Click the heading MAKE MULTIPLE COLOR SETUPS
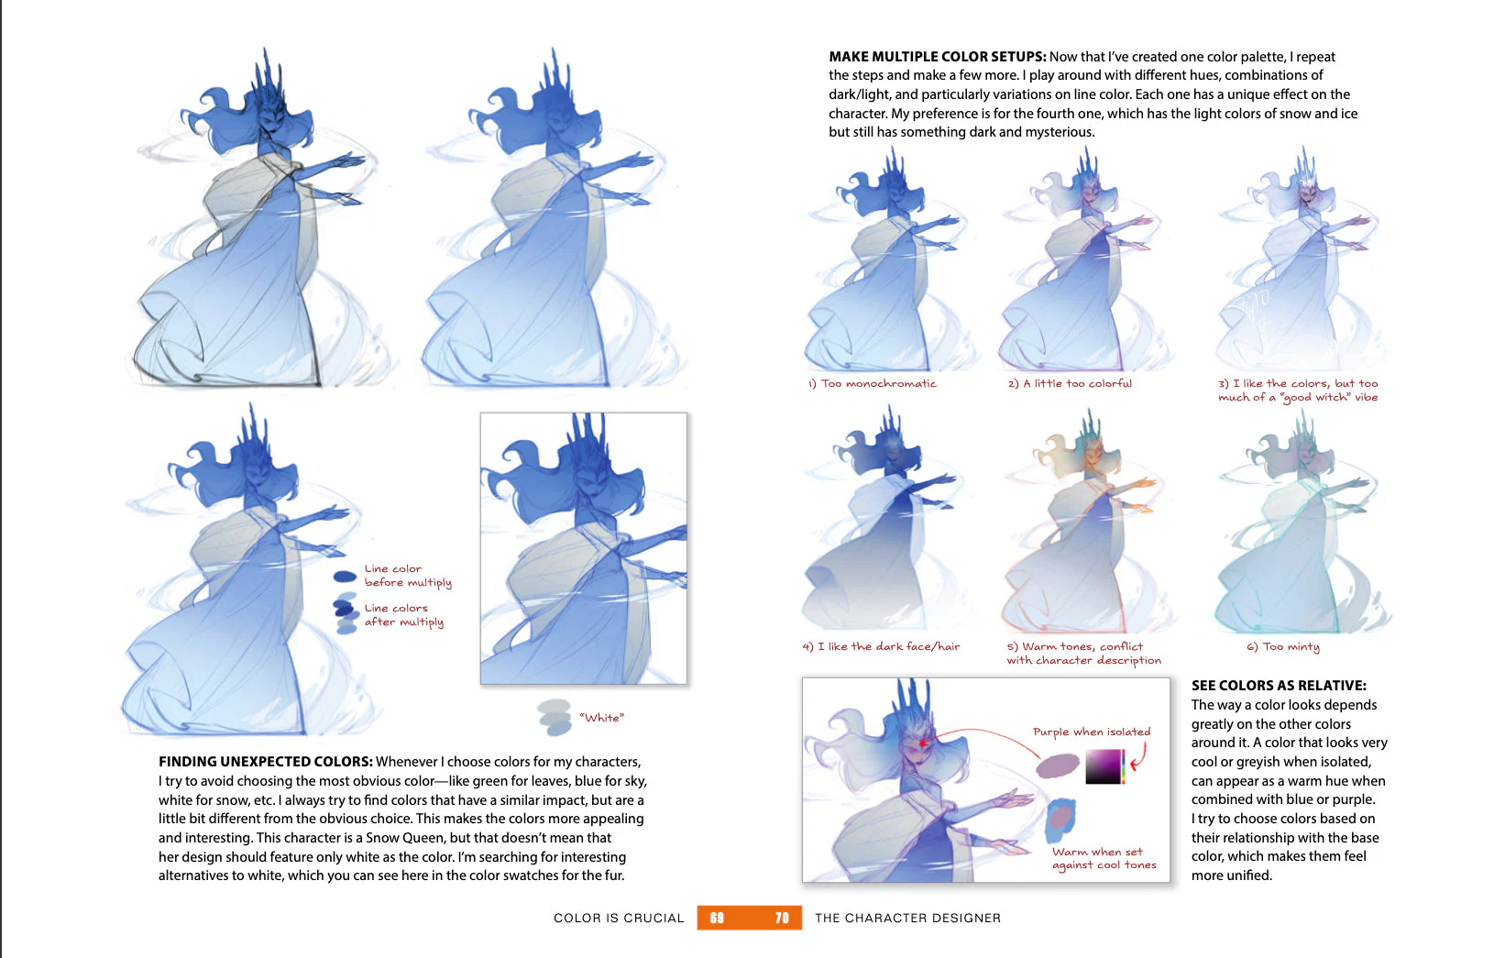[937, 57]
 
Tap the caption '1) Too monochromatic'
[873, 383]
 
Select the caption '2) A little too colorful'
[1070, 383]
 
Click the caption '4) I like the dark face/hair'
[881, 646]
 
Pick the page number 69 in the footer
[717, 918]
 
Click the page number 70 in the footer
[782, 918]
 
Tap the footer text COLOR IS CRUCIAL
[619, 918]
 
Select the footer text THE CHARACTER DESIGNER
[907, 918]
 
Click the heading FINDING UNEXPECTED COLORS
[265, 762]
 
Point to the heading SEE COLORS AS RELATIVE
[1278, 686]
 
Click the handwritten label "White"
[601, 718]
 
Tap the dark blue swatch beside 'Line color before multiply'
[345, 577]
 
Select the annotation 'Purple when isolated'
[1091, 732]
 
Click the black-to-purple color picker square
[1104, 766]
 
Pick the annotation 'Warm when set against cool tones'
[1104, 858]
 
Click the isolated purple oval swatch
[1058, 765]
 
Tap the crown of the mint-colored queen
[1302, 431]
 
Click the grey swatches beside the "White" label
[555, 717]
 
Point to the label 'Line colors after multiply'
[403, 614]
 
